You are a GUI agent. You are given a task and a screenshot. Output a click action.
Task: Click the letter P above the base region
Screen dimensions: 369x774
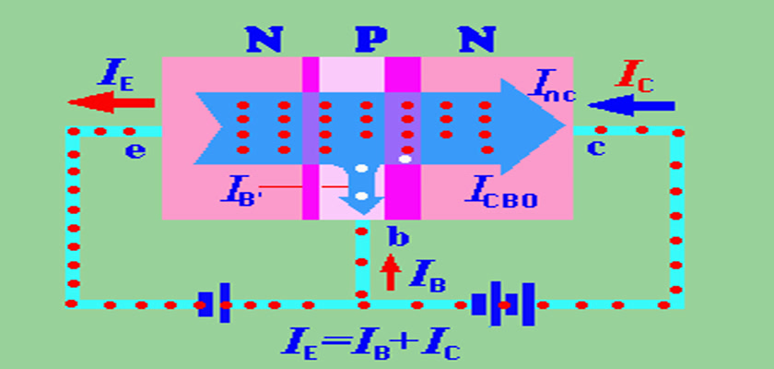point(371,39)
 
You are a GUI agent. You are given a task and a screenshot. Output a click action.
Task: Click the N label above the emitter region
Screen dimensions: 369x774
point(264,39)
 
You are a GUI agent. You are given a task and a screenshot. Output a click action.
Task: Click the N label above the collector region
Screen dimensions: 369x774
point(475,39)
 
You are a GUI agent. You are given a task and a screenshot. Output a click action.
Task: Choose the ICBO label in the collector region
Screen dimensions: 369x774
point(502,194)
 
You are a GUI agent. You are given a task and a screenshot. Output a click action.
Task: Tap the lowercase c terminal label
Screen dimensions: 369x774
point(596,149)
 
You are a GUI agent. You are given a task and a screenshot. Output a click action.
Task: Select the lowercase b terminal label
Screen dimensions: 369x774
point(398,238)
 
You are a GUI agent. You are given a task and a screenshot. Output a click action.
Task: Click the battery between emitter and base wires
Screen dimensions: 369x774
point(214,303)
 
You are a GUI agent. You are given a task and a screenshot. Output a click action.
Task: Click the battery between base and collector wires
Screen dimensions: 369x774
point(503,303)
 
